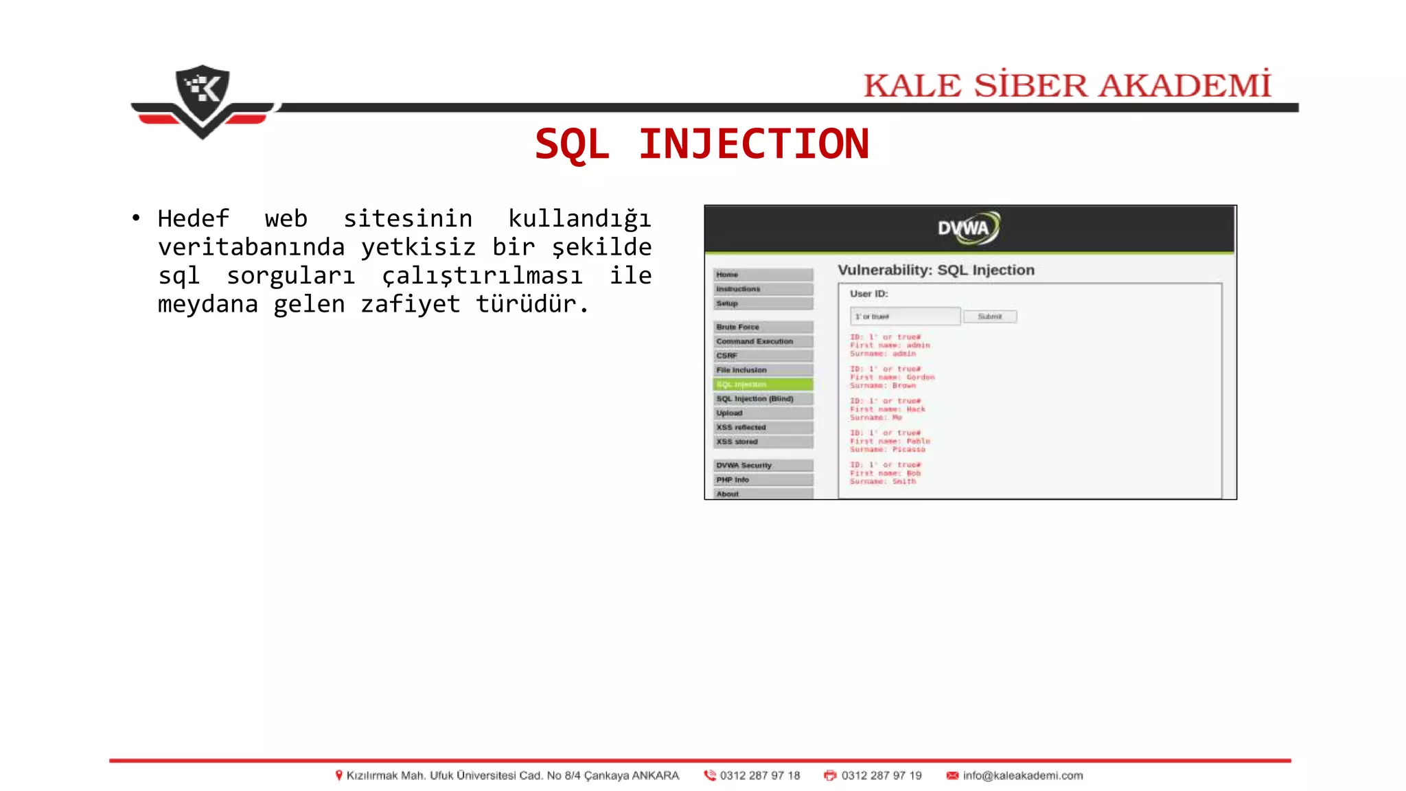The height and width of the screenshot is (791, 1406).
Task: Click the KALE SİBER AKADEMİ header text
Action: (1067, 86)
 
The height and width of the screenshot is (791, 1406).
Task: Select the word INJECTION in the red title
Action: (754, 144)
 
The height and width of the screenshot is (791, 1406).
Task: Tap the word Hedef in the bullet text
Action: (193, 219)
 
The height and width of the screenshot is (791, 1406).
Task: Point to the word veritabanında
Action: (251, 247)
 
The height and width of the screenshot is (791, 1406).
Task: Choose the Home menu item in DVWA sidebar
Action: (762, 275)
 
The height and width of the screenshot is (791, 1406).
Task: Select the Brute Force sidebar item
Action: (762, 328)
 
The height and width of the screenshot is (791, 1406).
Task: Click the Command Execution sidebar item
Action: (762, 342)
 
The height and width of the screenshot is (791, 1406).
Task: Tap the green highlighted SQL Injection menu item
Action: (762, 385)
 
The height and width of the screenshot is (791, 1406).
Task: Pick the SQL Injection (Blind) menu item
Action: (762, 399)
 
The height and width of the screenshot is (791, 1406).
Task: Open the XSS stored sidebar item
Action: (762, 442)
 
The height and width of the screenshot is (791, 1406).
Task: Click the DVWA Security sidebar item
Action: (762, 466)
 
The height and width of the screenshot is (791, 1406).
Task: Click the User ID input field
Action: (905, 317)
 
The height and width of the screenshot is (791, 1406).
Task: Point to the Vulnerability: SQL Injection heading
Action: (936, 271)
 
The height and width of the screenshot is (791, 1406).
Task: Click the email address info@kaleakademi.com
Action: (1022, 776)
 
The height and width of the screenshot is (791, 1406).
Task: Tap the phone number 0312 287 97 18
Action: (759, 776)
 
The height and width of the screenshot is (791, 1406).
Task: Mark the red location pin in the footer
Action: (338, 776)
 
